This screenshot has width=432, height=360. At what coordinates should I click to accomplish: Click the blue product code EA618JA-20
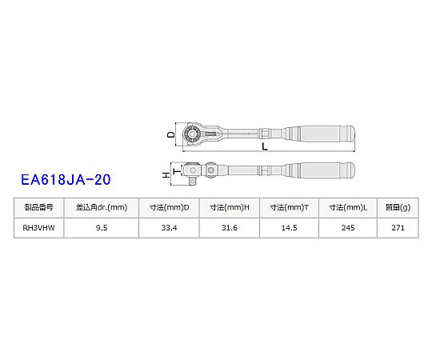66,179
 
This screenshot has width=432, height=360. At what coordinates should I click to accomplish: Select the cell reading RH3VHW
38,228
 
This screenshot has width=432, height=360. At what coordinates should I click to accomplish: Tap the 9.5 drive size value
102,228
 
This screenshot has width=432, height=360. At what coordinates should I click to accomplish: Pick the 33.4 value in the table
169,228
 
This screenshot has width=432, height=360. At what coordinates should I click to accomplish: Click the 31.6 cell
230,228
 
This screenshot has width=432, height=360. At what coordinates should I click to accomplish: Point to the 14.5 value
290,228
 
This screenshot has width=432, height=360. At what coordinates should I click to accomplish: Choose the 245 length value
348,228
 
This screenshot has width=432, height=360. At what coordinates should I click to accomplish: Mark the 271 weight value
398,228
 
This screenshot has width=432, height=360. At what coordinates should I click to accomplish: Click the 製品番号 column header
38,207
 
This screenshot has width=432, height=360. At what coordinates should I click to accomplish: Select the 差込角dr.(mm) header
102,207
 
